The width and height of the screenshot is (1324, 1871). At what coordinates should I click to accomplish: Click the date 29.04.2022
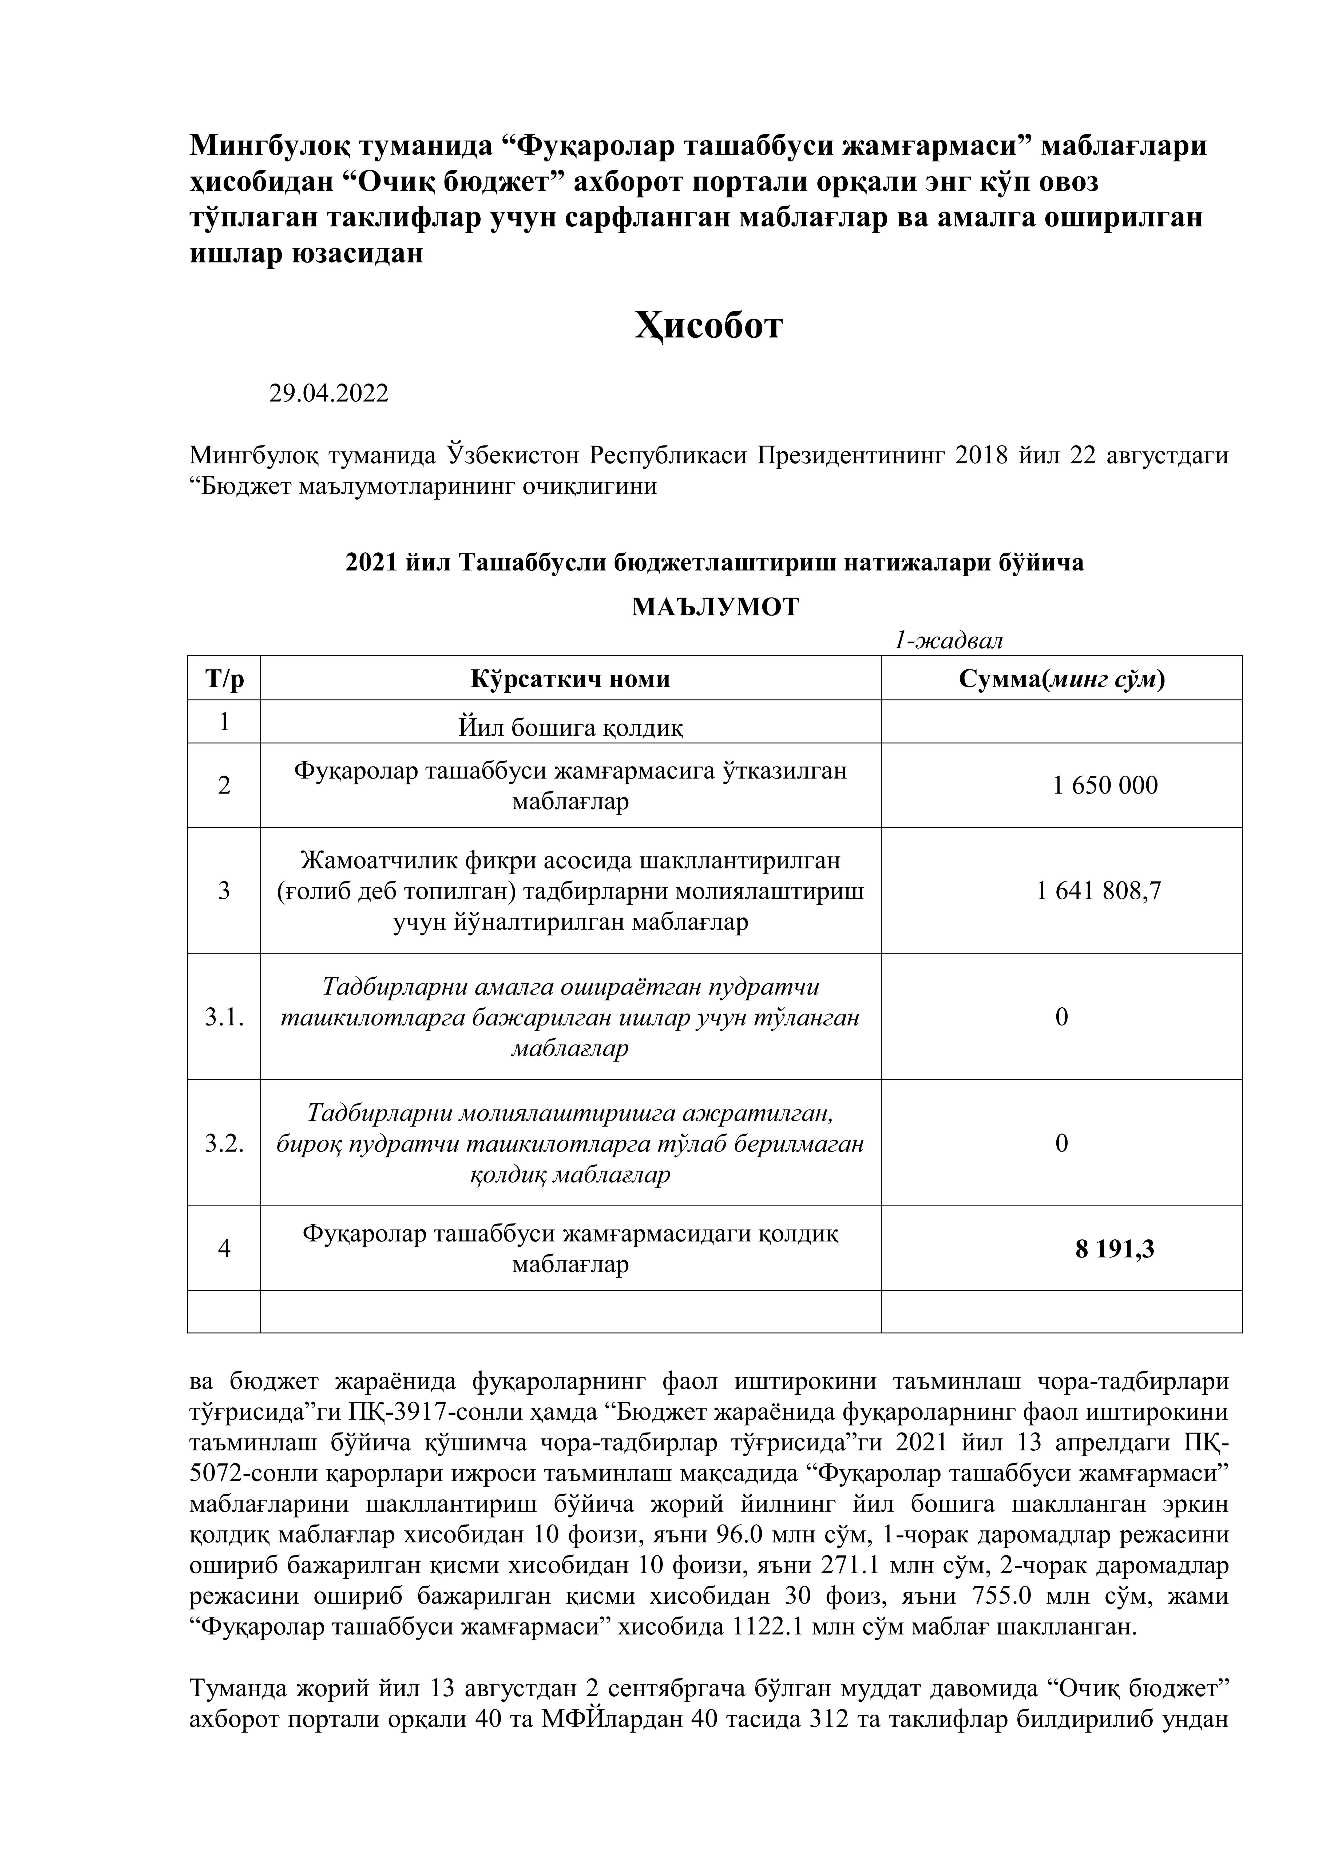tap(328, 394)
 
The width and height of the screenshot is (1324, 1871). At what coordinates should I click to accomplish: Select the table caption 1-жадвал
tap(948, 640)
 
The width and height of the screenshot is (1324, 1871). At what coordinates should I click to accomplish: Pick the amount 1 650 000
tap(1105, 785)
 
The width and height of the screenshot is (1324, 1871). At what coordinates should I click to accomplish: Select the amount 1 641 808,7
tap(1098, 891)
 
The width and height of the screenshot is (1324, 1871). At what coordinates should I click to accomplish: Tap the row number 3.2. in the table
tap(224, 1143)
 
